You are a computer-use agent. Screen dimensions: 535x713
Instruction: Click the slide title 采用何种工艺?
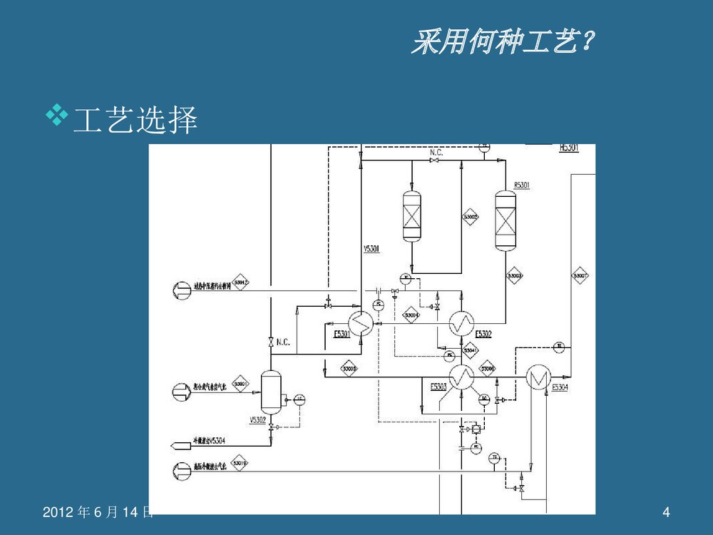(x=503, y=44)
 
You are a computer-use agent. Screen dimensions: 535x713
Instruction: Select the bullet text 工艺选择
(x=135, y=121)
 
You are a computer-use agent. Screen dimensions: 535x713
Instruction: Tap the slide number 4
(x=666, y=511)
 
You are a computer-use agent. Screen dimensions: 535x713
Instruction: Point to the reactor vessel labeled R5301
(x=506, y=220)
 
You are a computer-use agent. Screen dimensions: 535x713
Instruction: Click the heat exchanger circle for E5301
(x=361, y=325)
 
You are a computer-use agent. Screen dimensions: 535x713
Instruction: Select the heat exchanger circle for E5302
(x=461, y=325)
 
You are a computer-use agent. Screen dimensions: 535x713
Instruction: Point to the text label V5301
(x=371, y=249)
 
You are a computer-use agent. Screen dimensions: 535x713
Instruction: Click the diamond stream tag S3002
(x=471, y=216)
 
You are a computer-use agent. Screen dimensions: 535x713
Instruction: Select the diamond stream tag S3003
(x=515, y=275)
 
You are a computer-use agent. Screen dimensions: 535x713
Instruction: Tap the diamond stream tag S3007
(x=580, y=275)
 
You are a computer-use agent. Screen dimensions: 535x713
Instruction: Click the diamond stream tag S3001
(x=240, y=384)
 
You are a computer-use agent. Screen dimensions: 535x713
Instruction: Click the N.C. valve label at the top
(x=436, y=153)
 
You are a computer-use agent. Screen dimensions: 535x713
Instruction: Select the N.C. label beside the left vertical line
(x=283, y=342)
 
